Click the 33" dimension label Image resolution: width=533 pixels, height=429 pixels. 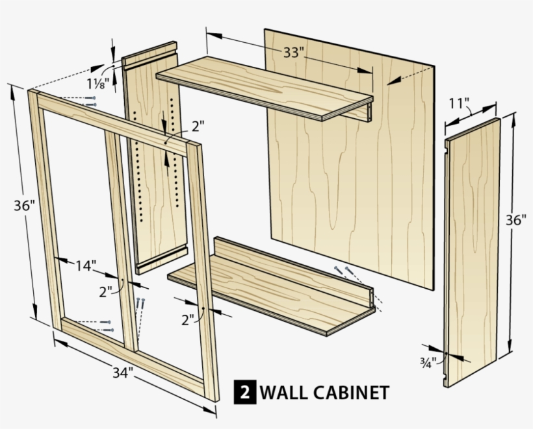click(x=293, y=53)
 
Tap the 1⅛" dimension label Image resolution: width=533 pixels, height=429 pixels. click(x=98, y=83)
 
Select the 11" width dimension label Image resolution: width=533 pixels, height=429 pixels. click(x=459, y=103)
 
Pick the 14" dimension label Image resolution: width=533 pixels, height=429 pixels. click(x=85, y=265)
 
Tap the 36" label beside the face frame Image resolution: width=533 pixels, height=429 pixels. click(x=23, y=206)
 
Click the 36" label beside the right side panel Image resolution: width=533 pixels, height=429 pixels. click(x=515, y=219)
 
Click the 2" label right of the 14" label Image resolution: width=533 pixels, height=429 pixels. click(x=105, y=291)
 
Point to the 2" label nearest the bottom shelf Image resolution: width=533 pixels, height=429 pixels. click(x=188, y=319)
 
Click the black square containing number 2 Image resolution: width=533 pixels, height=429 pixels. click(x=244, y=393)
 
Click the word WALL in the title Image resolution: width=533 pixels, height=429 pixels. click(x=283, y=393)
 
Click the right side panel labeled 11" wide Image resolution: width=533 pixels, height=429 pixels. click(x=473, y=253)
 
